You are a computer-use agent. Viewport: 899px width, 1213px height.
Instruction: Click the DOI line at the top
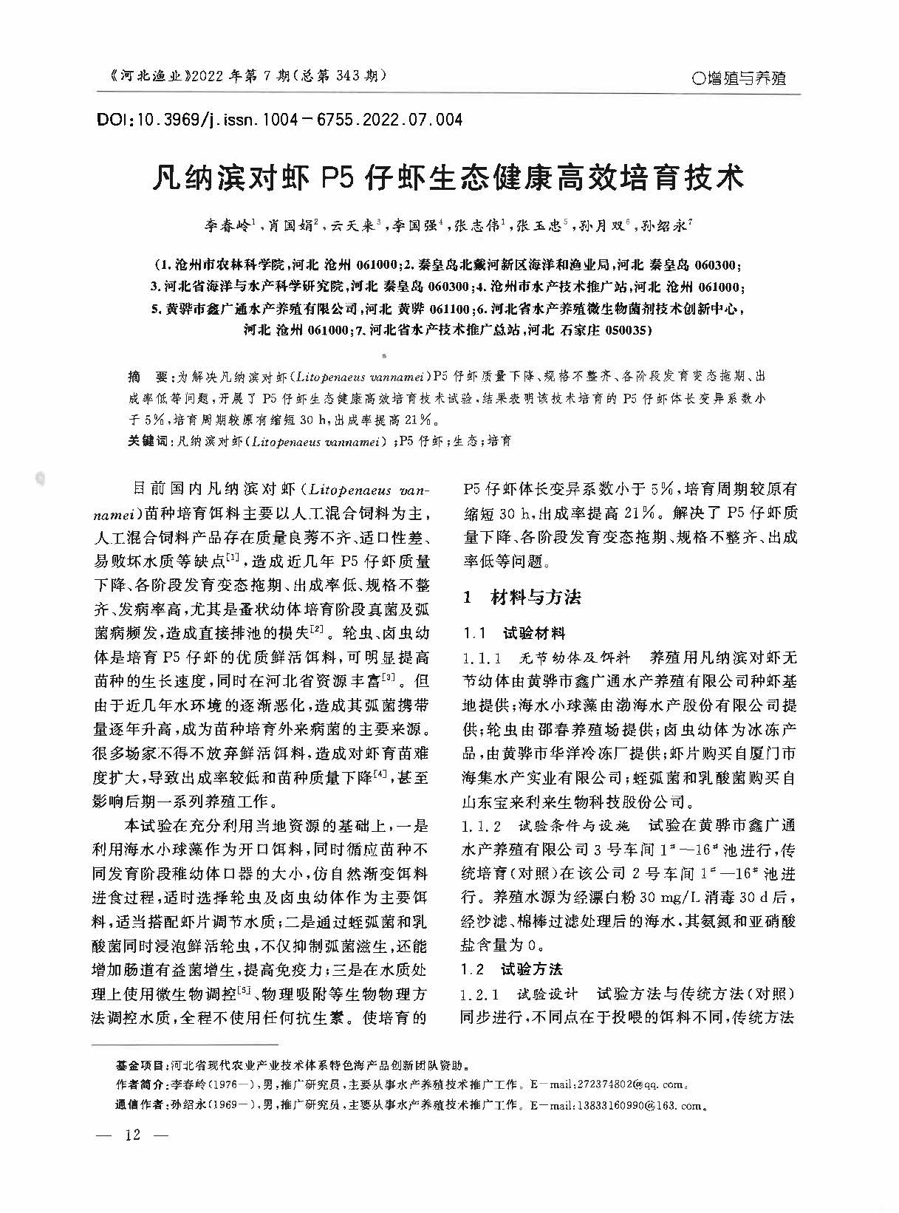(279, 119)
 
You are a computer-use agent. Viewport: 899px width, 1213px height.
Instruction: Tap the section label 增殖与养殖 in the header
(736, 78)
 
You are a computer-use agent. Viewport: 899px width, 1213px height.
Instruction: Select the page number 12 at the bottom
(133, 1135)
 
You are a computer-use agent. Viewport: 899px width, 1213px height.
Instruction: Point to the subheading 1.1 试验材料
(513, 632)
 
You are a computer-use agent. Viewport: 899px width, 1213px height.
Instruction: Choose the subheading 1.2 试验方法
(511, 968)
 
